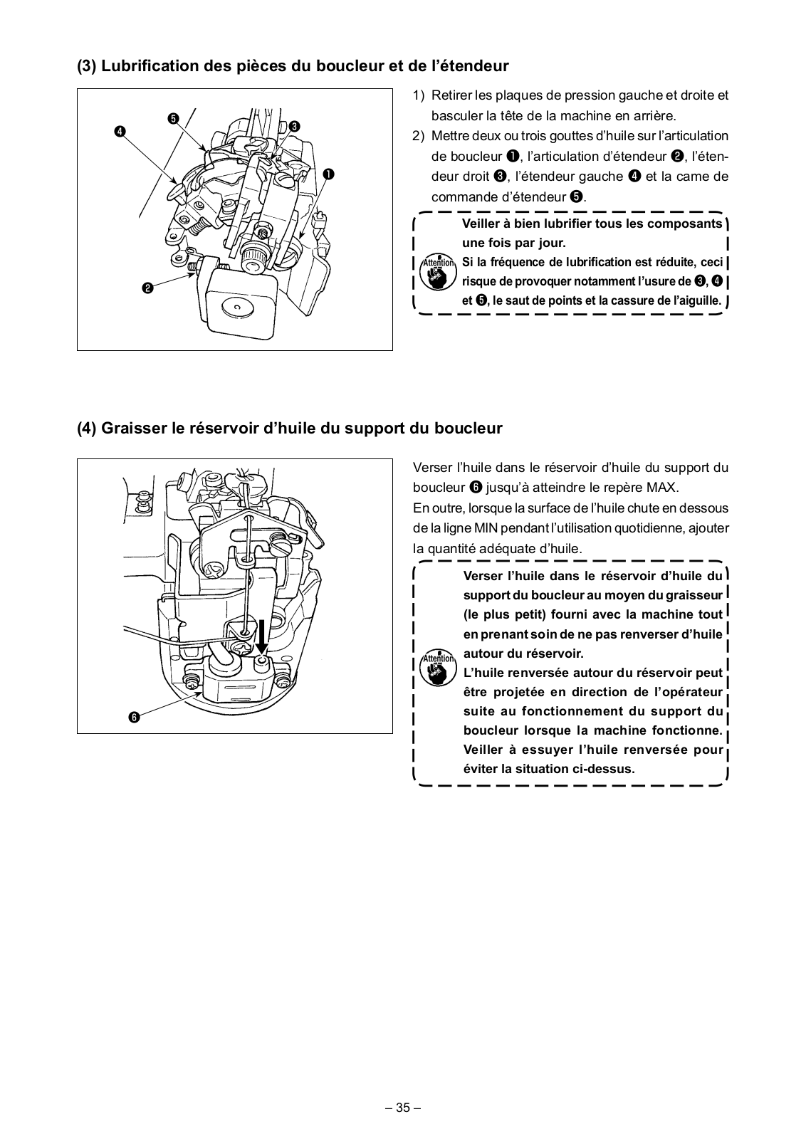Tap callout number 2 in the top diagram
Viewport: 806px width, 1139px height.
click(x=147, y=288)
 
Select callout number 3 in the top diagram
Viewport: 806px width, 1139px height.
click(x=293, y=126)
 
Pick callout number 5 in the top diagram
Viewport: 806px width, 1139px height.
click(x=173, y=118)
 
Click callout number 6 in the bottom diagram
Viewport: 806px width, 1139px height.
click(x=133, y=717)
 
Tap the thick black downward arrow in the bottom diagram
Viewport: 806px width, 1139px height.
click(x=261, y=636)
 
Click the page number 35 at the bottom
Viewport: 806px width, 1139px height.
click(x=403, y=1108)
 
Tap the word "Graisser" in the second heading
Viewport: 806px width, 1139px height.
click(x=135, y=429)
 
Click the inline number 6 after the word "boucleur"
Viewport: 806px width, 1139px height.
click(x=476, y=488)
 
